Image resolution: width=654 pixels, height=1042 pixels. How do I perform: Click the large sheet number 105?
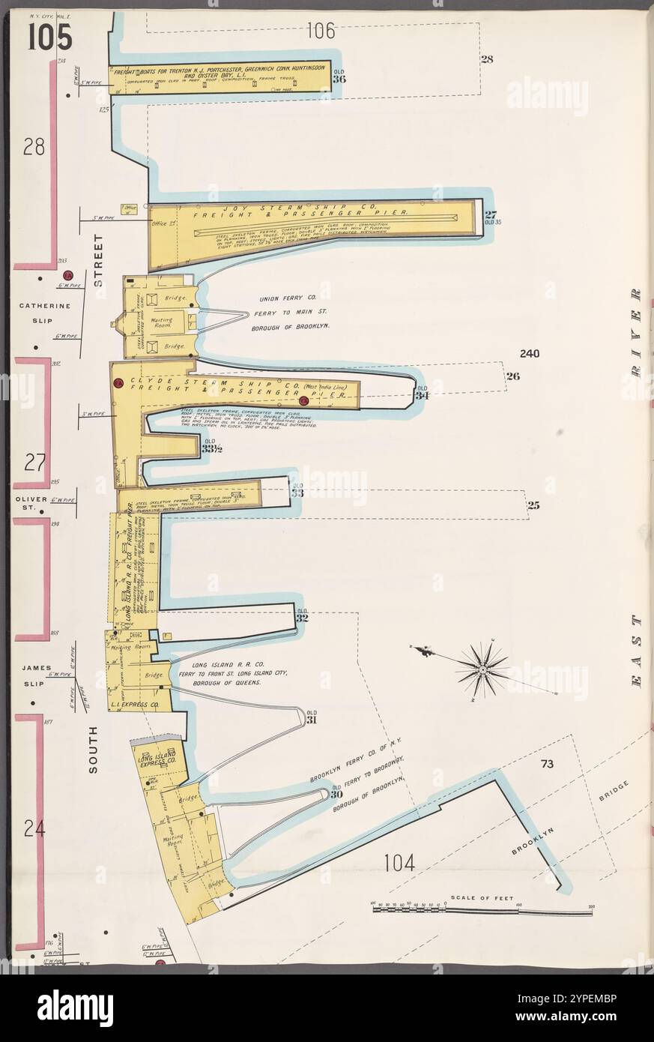[50, 35]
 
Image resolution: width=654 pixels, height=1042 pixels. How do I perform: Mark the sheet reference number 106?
[321, 31]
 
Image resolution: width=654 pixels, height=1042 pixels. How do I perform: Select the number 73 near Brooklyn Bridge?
[547, 764]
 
